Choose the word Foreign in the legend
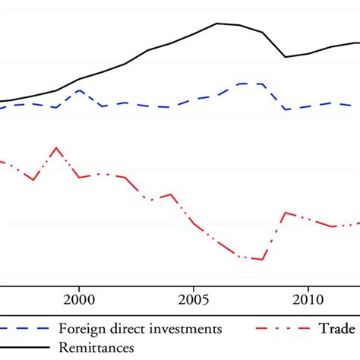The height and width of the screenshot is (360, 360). point(82,329)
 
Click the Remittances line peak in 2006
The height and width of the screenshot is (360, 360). point(217,23)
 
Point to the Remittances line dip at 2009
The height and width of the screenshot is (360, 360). point(286,57)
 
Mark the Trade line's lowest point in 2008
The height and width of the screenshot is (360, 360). point(263,260)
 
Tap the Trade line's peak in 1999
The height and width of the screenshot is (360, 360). point(55,147)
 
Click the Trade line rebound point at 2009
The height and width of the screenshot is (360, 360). point(286,213)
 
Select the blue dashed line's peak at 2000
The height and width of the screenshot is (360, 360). point(79,90)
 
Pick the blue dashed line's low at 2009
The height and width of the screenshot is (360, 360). point(286,109)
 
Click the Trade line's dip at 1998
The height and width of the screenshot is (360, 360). point(33,180)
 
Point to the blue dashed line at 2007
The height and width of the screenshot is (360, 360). point(240,84)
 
